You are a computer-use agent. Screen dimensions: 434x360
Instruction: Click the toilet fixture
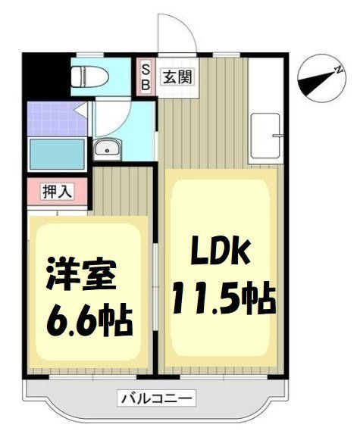coord(90,76)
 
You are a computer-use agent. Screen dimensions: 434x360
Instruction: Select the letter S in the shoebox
coord(147,69)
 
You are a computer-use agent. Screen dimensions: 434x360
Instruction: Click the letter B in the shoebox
coord(147,84)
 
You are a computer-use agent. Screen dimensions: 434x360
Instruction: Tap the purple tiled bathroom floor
coord(49,116)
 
